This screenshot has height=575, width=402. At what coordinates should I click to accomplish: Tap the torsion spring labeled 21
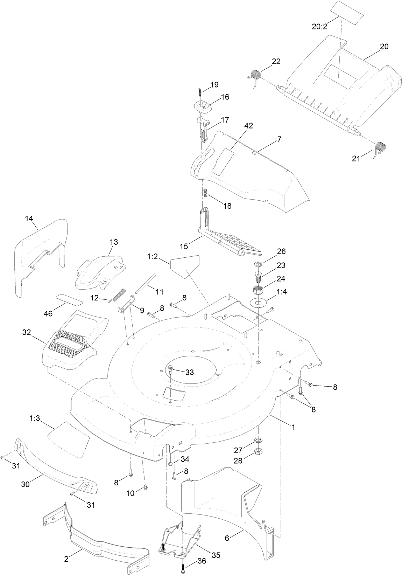coord(380,148)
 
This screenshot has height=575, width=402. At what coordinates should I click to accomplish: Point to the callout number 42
coord(249,126)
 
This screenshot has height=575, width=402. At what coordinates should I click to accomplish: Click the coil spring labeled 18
coord(206,192)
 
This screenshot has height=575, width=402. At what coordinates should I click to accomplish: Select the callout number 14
coord(29,219)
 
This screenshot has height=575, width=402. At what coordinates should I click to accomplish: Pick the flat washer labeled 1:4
coord(258,302)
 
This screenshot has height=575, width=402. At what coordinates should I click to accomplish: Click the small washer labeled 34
coord(170,464)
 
